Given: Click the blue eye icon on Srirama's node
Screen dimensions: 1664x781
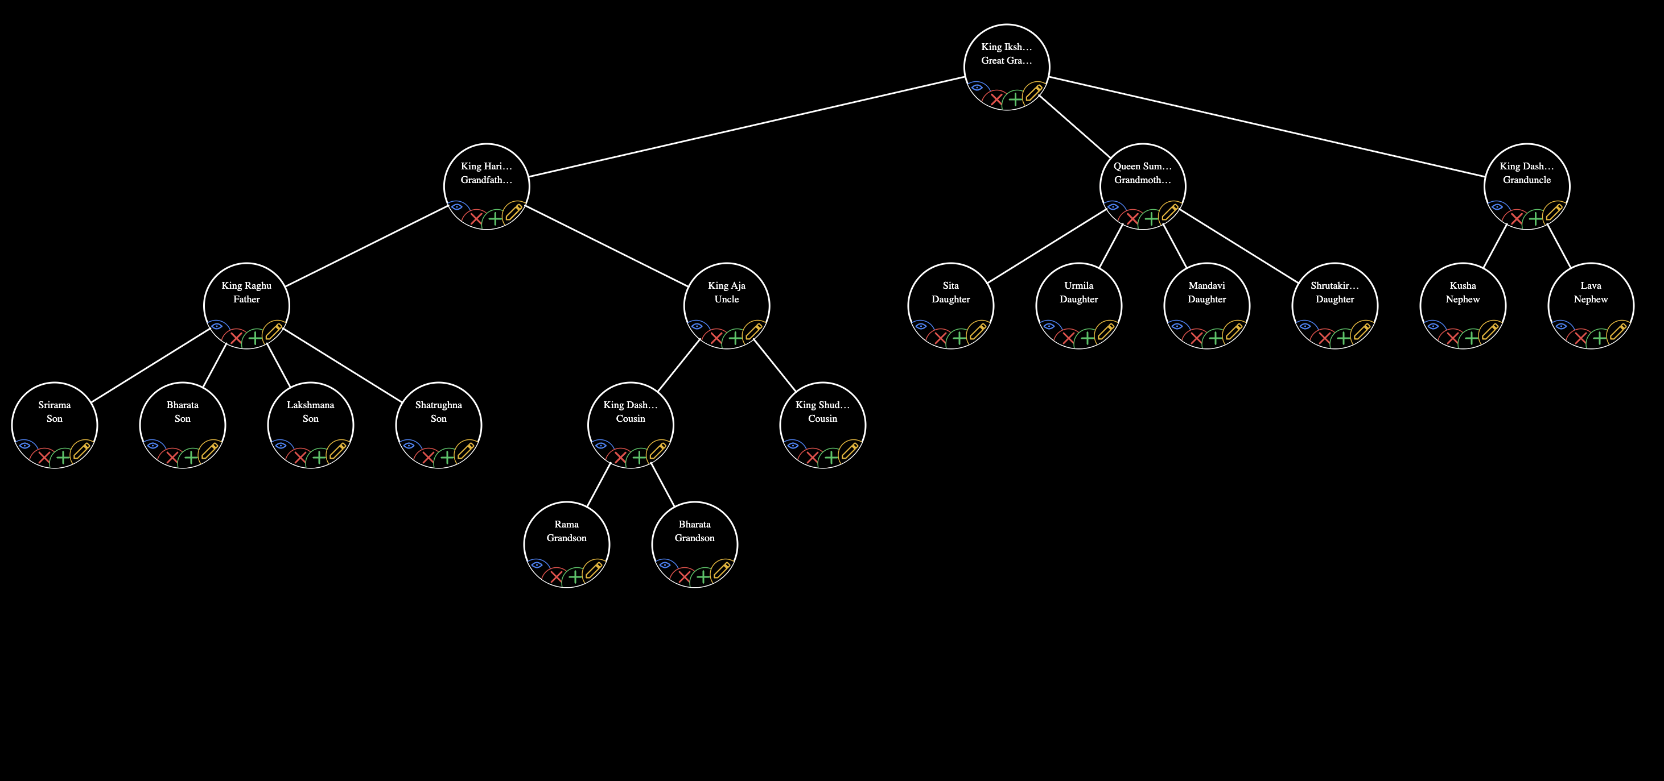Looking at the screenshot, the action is click(x=24, y=446).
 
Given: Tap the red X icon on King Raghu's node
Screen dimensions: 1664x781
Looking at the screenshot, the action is click(x=236, y=338).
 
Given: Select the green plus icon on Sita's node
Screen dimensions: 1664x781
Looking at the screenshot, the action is click(x=960, y=338).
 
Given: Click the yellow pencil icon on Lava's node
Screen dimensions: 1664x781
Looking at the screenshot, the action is click(x=1617, y=332).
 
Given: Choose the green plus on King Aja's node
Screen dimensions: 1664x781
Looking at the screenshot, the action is click(x=735, y=338).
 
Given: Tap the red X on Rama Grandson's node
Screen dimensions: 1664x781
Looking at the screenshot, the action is click(x=556, y=577).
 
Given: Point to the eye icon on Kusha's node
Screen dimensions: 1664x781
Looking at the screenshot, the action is click(x=1433, y=326).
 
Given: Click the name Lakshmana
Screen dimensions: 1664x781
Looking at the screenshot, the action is click(x=310, y=405).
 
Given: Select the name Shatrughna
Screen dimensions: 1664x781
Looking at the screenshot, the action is click(x=439, y=405).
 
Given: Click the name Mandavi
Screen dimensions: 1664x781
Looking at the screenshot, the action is click(x=1206, y=285).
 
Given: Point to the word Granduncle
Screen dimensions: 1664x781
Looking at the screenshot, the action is click(x=1526, y=180).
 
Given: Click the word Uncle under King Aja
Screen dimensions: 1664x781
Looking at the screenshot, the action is click(x=727, y=300).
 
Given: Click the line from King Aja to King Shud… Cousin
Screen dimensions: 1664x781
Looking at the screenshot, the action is click(x=775, y=365).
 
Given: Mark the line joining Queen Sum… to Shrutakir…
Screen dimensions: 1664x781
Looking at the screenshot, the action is click(x=1239, y=247).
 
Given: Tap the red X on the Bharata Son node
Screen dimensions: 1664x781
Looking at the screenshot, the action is click(x=172, y=458).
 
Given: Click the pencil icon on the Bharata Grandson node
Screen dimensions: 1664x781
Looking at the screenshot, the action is click(x=721, y=571).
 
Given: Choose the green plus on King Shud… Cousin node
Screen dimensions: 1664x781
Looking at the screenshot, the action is click(x=831, y=458).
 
